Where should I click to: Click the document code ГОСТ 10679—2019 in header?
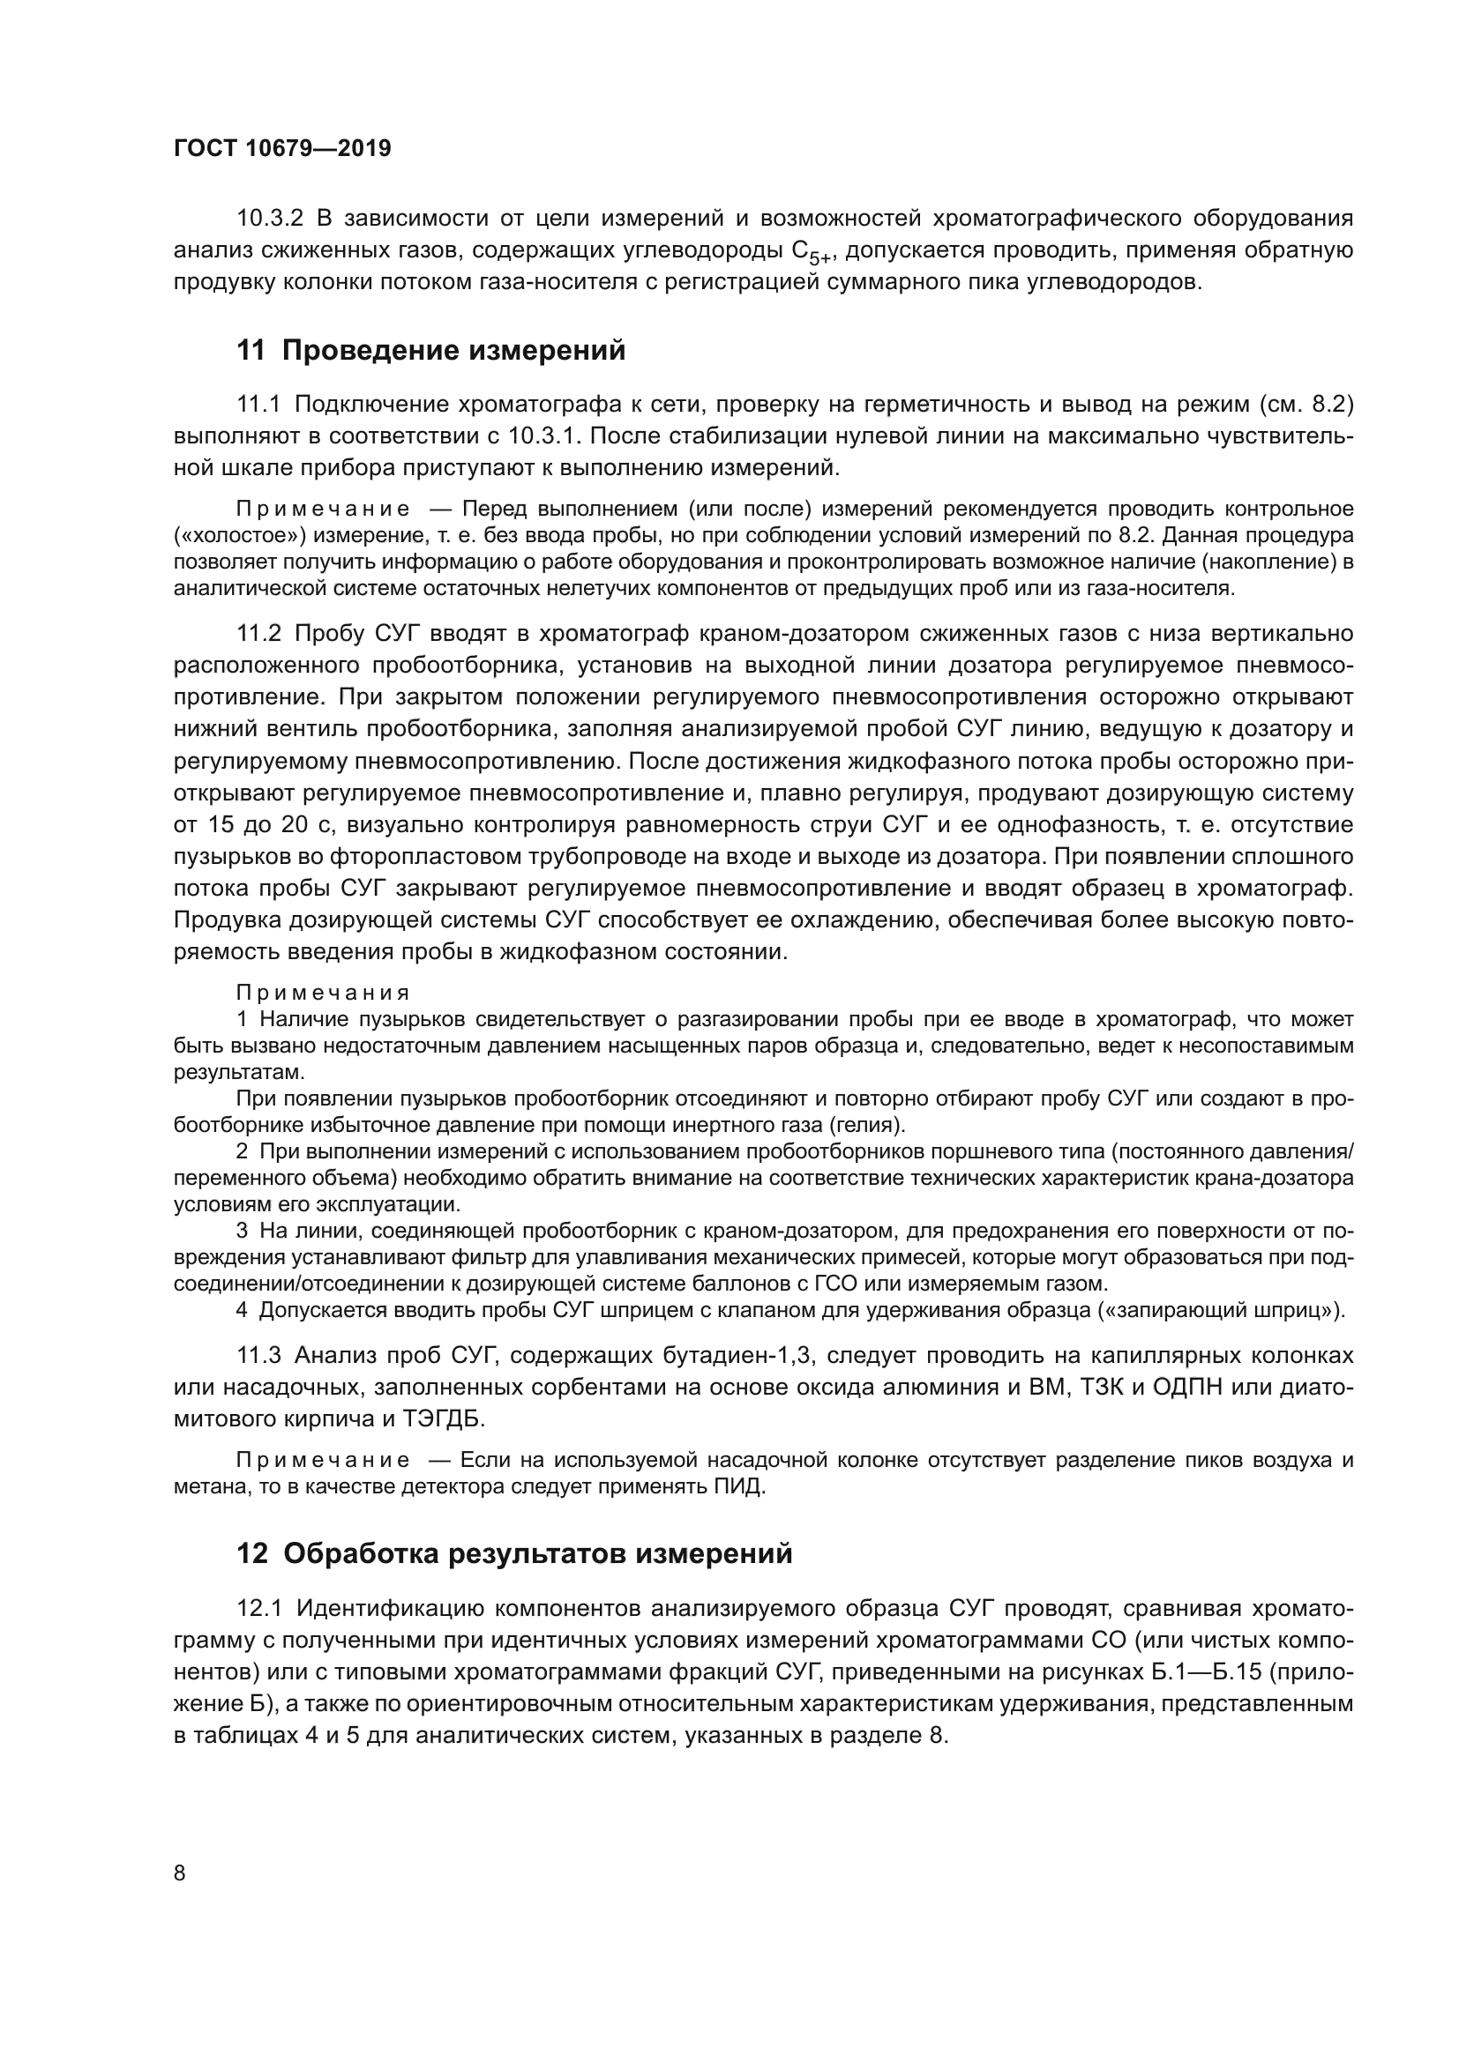coord(282,149)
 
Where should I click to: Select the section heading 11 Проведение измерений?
coord(431,351)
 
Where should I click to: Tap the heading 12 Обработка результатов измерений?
coord(515,1552)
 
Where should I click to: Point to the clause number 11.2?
coord(258,633)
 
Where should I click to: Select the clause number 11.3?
coord(258,1354)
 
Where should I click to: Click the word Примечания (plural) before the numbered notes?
coord(323,994)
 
